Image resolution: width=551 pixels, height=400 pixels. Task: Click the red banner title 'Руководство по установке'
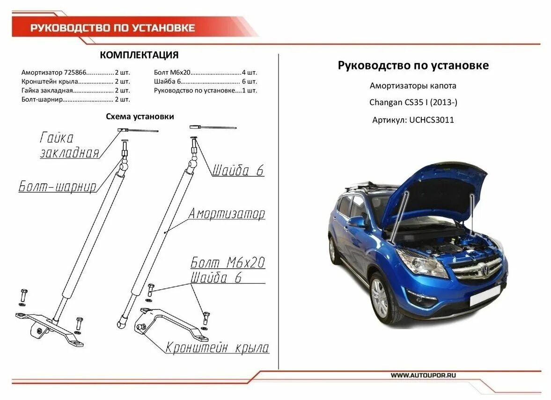click(112, 28)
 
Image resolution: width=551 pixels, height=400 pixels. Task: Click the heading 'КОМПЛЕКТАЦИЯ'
click(139, 55)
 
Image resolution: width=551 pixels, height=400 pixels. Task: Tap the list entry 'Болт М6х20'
click(172, 73)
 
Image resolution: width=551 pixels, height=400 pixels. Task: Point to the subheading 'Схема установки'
click(140, 116)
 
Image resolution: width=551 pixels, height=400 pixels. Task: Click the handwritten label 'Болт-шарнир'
click(58, 187)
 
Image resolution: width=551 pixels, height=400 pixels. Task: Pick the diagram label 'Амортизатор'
click(227, 214)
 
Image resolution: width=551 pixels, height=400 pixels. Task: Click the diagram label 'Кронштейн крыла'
click(217, 348)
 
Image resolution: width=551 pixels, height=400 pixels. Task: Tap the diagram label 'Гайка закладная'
click(69, 145)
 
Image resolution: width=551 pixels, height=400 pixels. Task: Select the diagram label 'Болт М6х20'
click(228, 262)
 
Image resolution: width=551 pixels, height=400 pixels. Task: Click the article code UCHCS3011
click(431, 120)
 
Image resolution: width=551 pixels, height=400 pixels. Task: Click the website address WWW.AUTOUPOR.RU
click(423, 375)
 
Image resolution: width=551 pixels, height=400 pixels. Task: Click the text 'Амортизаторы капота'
click(412, 86)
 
